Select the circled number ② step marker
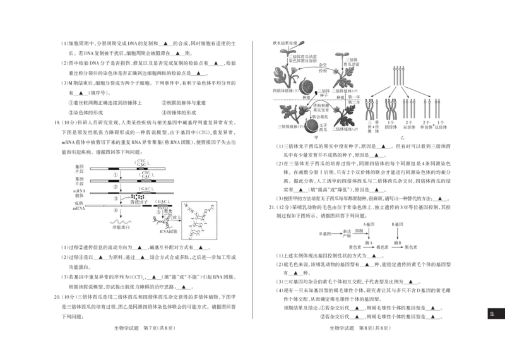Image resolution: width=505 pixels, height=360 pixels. point(115,186)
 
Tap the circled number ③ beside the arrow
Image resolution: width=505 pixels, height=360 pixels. point(115,198)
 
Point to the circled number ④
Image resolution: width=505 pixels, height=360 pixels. point(115,210)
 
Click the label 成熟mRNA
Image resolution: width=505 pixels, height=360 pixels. point(79,205)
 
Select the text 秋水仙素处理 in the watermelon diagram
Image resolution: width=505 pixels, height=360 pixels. point(287,44)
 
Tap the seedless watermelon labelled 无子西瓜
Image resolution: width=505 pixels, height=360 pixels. point(312,125)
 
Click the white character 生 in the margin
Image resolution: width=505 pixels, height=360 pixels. point(492,313)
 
